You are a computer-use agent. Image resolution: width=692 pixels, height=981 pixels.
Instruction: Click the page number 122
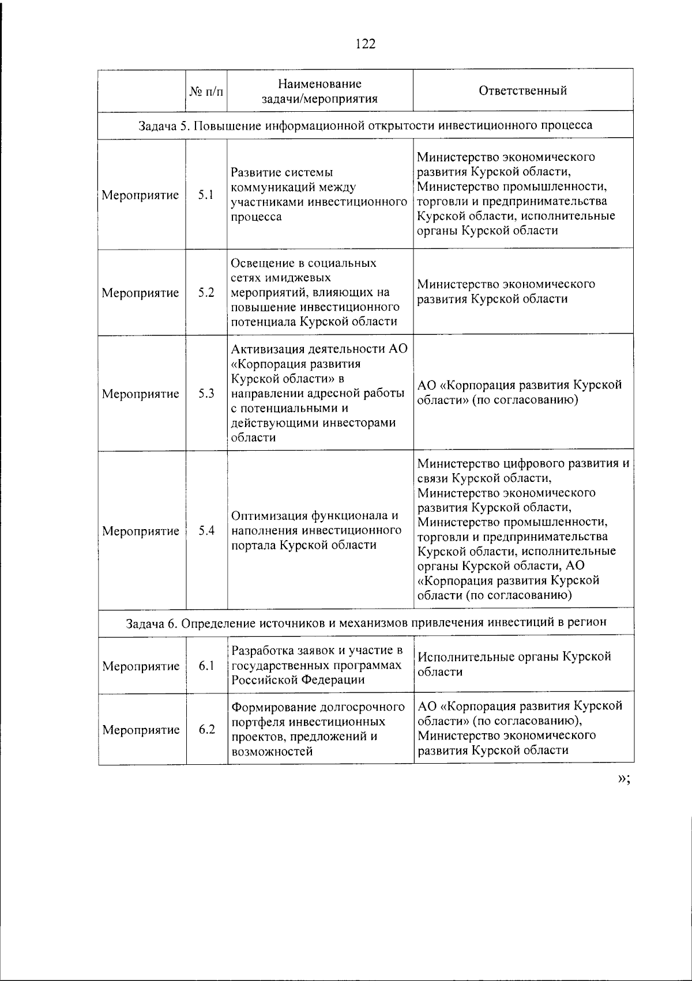click(x=366, y=43)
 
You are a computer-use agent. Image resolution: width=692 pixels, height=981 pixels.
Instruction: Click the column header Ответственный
click(x=522, y=90)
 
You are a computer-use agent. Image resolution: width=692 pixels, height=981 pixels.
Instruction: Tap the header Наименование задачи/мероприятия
click(x=319, y=91)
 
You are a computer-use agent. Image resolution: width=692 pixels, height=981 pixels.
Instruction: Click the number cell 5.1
click(x=206, y=195)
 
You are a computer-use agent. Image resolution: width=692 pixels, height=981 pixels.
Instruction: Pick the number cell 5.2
click(x=206, y=293)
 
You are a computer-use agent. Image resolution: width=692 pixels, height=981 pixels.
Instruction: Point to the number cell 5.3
click(x=206, y=394)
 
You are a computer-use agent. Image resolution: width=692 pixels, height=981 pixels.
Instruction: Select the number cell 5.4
click(x=206, y=531)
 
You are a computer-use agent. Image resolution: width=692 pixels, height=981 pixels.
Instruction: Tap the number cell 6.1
click(x=206, y=666)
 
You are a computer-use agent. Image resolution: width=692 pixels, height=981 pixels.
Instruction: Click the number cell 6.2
click(x=207, y=730)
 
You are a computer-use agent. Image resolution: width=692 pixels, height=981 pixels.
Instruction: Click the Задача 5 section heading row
click(x=365, y=125)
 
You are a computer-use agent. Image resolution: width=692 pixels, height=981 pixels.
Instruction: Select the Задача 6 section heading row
click(x=366, y=622)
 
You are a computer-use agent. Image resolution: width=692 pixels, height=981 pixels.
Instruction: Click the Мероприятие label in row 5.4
click(x=141, y=531)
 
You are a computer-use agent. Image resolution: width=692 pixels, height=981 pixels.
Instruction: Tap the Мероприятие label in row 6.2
click(x=141, y=730)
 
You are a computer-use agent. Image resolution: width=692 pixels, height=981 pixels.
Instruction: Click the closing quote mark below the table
click(x=623, y=779)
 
